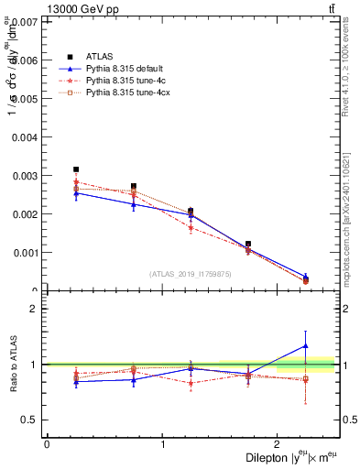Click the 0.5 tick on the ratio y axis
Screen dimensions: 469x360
tap(29, 420)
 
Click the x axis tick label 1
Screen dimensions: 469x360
tap(162, 444)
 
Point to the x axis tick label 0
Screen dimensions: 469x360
tap(47, 444)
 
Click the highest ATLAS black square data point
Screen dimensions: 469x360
tap(76, 169)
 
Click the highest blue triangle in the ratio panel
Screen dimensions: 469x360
tap(306, 345)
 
